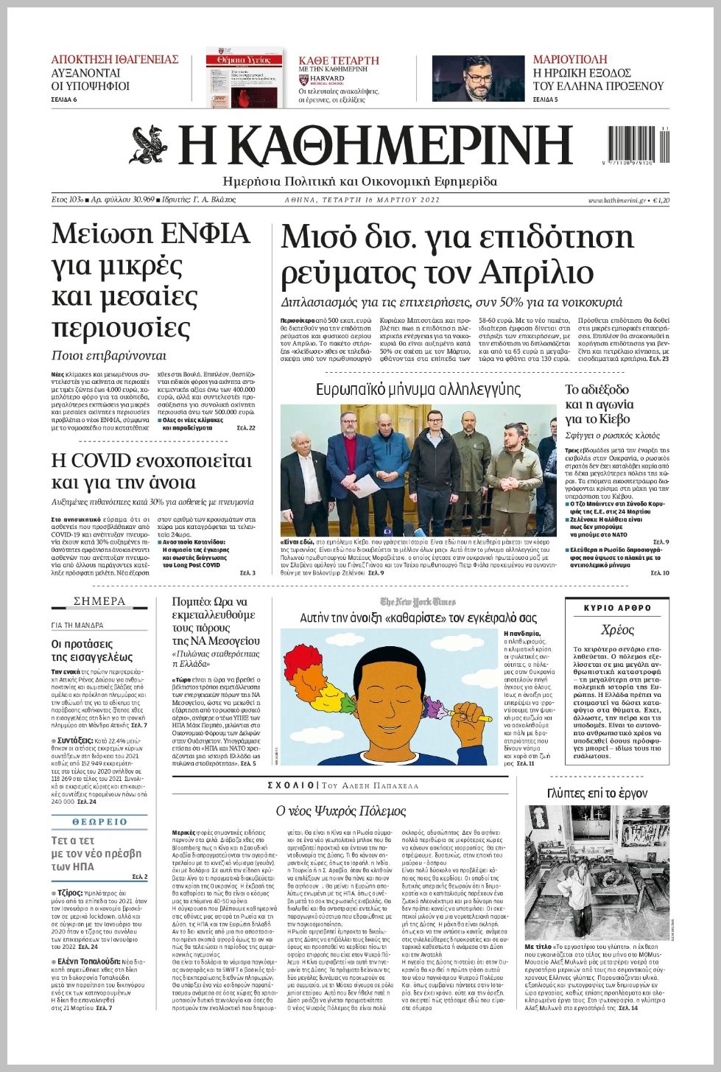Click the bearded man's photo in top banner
coord(478,78)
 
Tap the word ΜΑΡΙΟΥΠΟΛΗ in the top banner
coord(570,59)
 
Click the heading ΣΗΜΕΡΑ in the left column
coord(99,601)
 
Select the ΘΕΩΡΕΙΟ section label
coord(99,821)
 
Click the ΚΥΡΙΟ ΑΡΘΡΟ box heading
coord(617,608)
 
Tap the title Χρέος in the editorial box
coord(617,630)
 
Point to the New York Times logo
coord(418,602)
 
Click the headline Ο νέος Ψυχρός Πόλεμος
coord(341,811)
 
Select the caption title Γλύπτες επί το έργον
coord(597,793)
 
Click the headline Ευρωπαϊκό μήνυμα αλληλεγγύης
coord(418,389)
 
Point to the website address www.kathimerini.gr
coord(616,200)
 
